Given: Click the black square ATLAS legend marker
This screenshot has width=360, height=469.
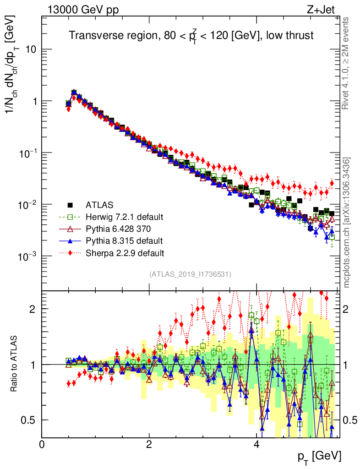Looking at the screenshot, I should pos(70,204).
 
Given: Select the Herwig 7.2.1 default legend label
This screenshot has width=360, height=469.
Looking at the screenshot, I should pos(124,217).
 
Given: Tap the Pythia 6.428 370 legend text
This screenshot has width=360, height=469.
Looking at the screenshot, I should pos(117,229).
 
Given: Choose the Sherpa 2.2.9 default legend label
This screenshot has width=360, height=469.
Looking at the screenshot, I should pos(124,252).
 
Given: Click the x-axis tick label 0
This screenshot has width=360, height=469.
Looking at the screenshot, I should pos(42,444).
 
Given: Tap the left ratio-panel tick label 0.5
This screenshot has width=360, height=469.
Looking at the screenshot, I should pos(31,420).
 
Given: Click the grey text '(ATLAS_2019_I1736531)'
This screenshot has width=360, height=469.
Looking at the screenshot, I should pos(190,274).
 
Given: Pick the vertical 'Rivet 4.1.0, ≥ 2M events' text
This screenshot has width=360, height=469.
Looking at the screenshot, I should pos(347,63).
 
